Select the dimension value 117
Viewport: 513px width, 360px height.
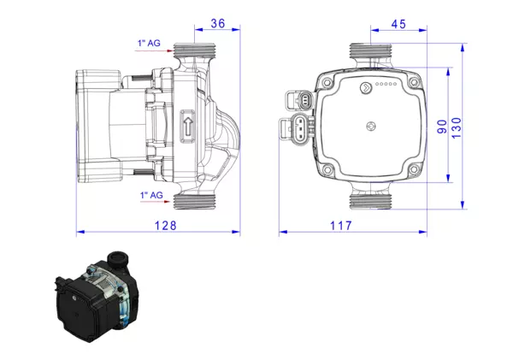[365, 226]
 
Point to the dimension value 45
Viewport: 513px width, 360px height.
[398, 25]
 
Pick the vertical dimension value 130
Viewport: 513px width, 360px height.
[458, 127]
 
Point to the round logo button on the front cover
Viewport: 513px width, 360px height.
[365, 86]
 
